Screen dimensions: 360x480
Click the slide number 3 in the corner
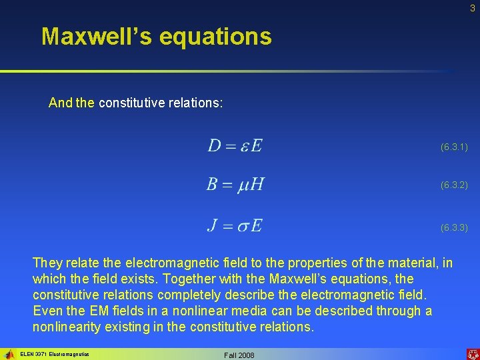tap(472, 8)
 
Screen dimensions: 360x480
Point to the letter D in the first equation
tap(214, 145)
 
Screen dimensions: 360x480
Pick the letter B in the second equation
tap(211, 184)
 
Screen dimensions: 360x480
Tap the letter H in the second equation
tap(257, 184)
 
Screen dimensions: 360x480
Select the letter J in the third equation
tap(212, 225)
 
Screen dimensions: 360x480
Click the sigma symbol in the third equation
tap(240, 226)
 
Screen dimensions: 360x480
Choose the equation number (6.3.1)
tap(454, 146)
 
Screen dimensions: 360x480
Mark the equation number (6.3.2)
tap(454, 185)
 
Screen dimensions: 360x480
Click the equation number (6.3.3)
tap(454, 227)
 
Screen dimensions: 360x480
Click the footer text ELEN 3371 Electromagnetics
tap(55, 355)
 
